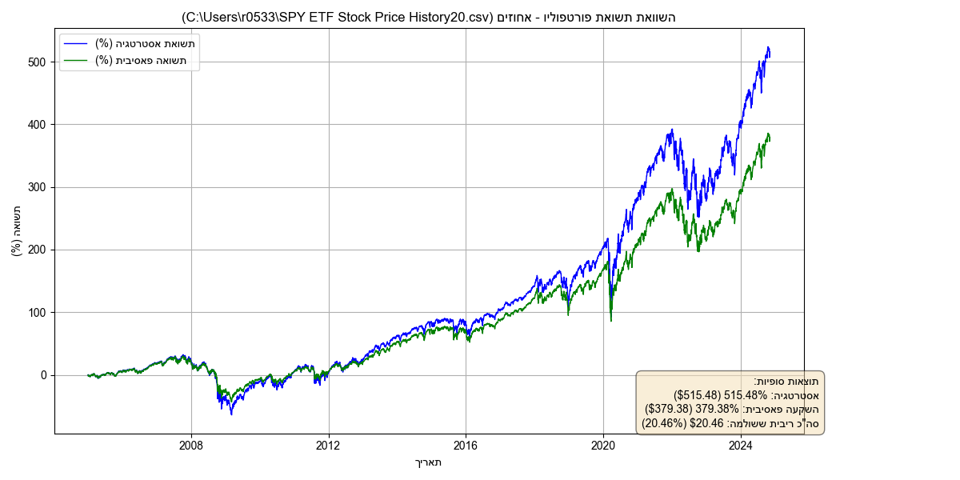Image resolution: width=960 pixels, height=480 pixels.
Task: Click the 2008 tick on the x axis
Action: point(191,445)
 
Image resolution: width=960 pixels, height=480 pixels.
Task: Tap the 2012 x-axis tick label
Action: point(329,445)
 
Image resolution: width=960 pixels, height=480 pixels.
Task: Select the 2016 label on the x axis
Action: point(466,445)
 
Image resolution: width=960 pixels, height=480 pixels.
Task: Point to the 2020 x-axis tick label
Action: point(604,445)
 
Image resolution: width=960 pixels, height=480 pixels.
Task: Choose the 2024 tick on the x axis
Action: point(742,445)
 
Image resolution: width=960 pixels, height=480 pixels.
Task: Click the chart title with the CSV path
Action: point(429,17)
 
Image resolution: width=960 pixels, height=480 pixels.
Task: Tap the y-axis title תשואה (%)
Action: point(17,231)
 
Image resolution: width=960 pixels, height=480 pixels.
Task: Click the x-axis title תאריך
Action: point(429,462)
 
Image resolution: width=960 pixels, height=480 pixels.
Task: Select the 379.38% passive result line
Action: point(732,409)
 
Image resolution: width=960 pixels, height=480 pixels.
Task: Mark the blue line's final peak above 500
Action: point(768,48)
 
